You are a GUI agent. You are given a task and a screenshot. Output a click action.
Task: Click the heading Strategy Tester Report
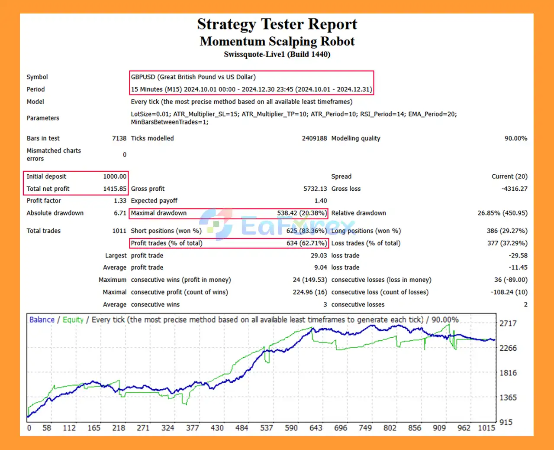[x=277, y=24]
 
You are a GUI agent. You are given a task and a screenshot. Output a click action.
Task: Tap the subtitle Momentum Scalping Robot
[x=277, y=42]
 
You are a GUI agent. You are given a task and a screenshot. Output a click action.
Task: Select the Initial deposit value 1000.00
[x=115, y=176]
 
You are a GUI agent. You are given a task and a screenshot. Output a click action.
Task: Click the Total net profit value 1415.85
[x=115, y=189]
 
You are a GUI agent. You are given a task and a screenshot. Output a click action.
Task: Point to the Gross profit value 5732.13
[x=315, y=189]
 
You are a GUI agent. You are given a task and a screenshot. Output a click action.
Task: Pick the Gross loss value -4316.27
[x=514, y=189]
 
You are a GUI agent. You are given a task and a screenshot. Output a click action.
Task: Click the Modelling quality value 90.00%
[x=516, y=138]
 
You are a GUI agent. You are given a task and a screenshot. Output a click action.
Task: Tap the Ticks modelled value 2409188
[x=314, y=138]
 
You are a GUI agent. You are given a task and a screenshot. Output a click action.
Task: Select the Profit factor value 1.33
[x=120, y=201]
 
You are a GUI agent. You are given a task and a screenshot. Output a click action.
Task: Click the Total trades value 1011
[x=119, y=231]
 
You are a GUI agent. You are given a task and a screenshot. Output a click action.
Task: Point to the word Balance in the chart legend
[x=42, y=320]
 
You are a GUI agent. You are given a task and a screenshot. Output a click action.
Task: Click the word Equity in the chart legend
[x=73, y=320]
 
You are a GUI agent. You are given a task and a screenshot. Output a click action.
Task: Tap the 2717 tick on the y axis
[x=508, y=323]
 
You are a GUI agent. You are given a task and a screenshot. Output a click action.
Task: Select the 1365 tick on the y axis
[x=508, y=398]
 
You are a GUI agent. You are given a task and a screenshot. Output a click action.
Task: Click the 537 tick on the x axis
[x=267, y=428]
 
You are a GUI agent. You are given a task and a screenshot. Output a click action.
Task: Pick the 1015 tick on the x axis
[x=486, y=428]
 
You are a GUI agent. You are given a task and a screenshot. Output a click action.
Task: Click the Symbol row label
[x=37, y=77]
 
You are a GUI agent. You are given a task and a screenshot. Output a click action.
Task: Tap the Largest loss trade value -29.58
[x=518, y=256]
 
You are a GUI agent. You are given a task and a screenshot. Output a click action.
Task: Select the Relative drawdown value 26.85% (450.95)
[x=502, y=213]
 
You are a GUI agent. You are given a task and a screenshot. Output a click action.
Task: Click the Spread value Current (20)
[x=509, y=176]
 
